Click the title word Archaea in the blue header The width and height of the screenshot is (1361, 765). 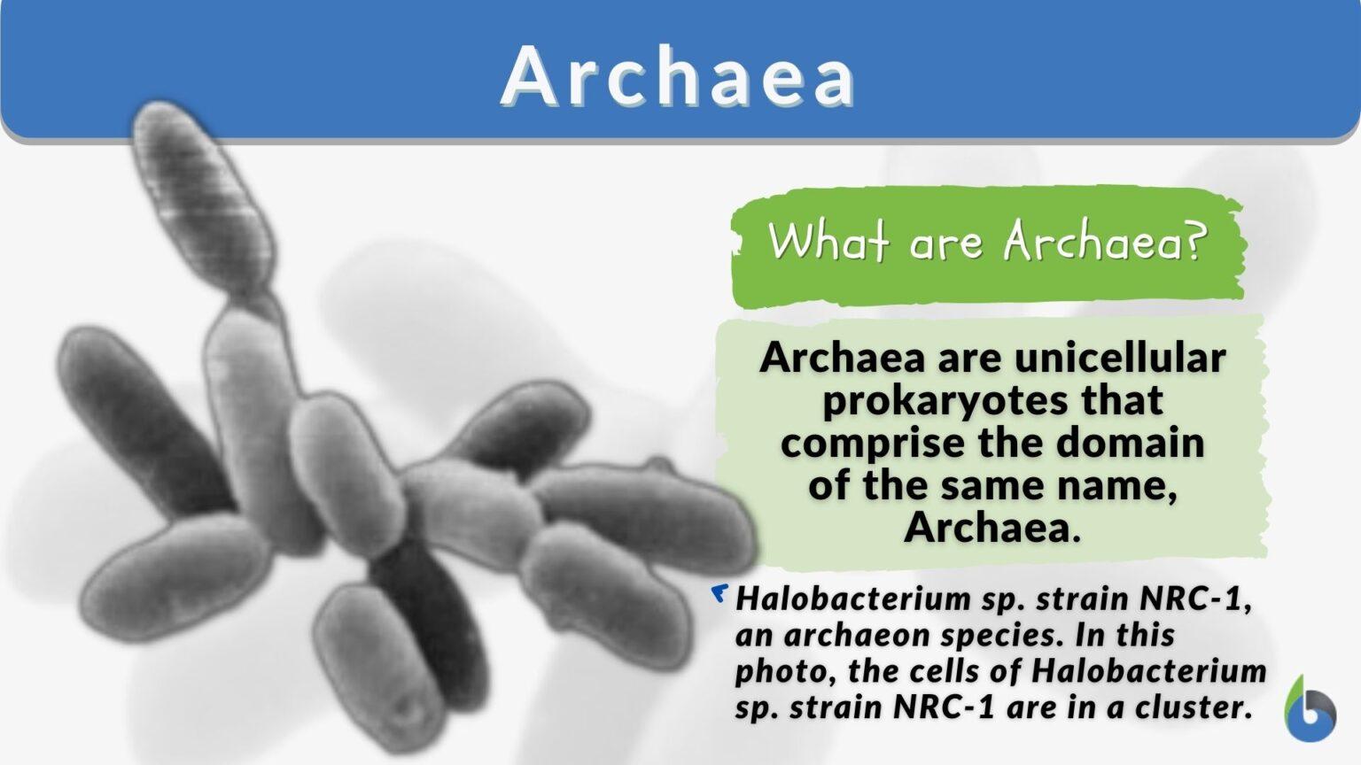tap(679, 75)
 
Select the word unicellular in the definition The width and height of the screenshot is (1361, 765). tap(1120, 358)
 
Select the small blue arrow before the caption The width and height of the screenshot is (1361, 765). tap(719, 593)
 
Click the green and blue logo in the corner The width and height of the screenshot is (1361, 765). tap(1310, 708)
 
